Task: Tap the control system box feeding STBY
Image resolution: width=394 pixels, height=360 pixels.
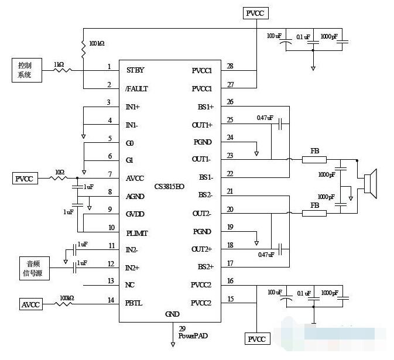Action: click(25, 70)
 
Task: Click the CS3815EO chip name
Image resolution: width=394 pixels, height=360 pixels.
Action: click(169, 186)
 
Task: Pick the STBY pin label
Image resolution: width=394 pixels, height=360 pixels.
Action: click(135, 70)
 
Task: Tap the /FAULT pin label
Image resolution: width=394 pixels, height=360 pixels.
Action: click(137, 89)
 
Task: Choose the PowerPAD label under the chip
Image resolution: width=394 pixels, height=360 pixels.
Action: click(193, 336)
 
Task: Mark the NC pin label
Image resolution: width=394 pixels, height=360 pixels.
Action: click(131, 286)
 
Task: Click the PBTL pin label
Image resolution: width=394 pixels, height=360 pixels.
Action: click(134, 303)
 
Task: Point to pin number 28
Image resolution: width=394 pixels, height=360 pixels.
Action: click(229, 66)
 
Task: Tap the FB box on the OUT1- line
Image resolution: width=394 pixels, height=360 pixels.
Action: click(314, 159)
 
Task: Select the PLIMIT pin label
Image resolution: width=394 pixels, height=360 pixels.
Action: click(137, 233)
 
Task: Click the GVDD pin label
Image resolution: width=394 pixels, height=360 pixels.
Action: click(135, 214)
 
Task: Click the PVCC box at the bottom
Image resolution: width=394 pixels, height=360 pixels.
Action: click(256, 340)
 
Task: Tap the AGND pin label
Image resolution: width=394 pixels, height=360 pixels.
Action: click(135, 197)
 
